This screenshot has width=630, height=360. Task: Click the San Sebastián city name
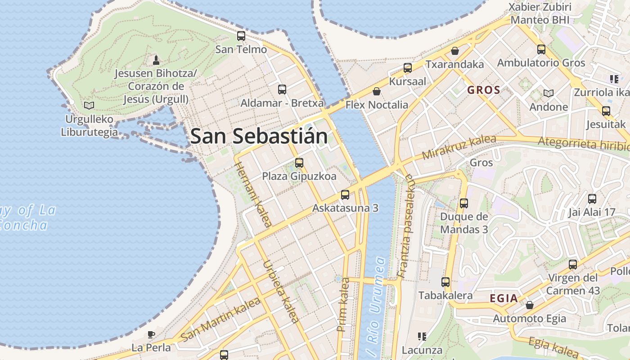pos(259,136)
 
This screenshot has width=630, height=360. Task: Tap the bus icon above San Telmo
pos(241,36)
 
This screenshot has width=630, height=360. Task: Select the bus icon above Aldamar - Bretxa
pos(282,90)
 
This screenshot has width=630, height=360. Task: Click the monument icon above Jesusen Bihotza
pos(156,60)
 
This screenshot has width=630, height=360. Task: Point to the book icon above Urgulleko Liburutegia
pos(89,106)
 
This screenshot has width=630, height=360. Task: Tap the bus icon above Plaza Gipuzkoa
pos(299,163)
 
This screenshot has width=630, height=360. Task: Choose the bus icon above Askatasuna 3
pos(345,195)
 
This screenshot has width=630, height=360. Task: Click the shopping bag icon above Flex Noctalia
pos(377,92)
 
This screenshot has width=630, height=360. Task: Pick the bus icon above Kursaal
pos(408,68)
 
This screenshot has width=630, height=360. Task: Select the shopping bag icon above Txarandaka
pos(455,51)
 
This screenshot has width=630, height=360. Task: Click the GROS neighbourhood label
pos(484,90)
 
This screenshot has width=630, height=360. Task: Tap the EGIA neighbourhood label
pos(504,298)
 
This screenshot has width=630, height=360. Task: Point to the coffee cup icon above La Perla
pos(151,334)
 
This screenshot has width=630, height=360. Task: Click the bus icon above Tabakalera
pos(445,282)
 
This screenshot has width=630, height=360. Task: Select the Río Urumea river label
pos(376,306)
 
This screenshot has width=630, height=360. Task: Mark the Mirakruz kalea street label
pos(459,147)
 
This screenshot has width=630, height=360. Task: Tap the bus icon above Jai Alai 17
pos(592,198)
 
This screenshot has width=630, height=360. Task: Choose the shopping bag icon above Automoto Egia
pos(530,305)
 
